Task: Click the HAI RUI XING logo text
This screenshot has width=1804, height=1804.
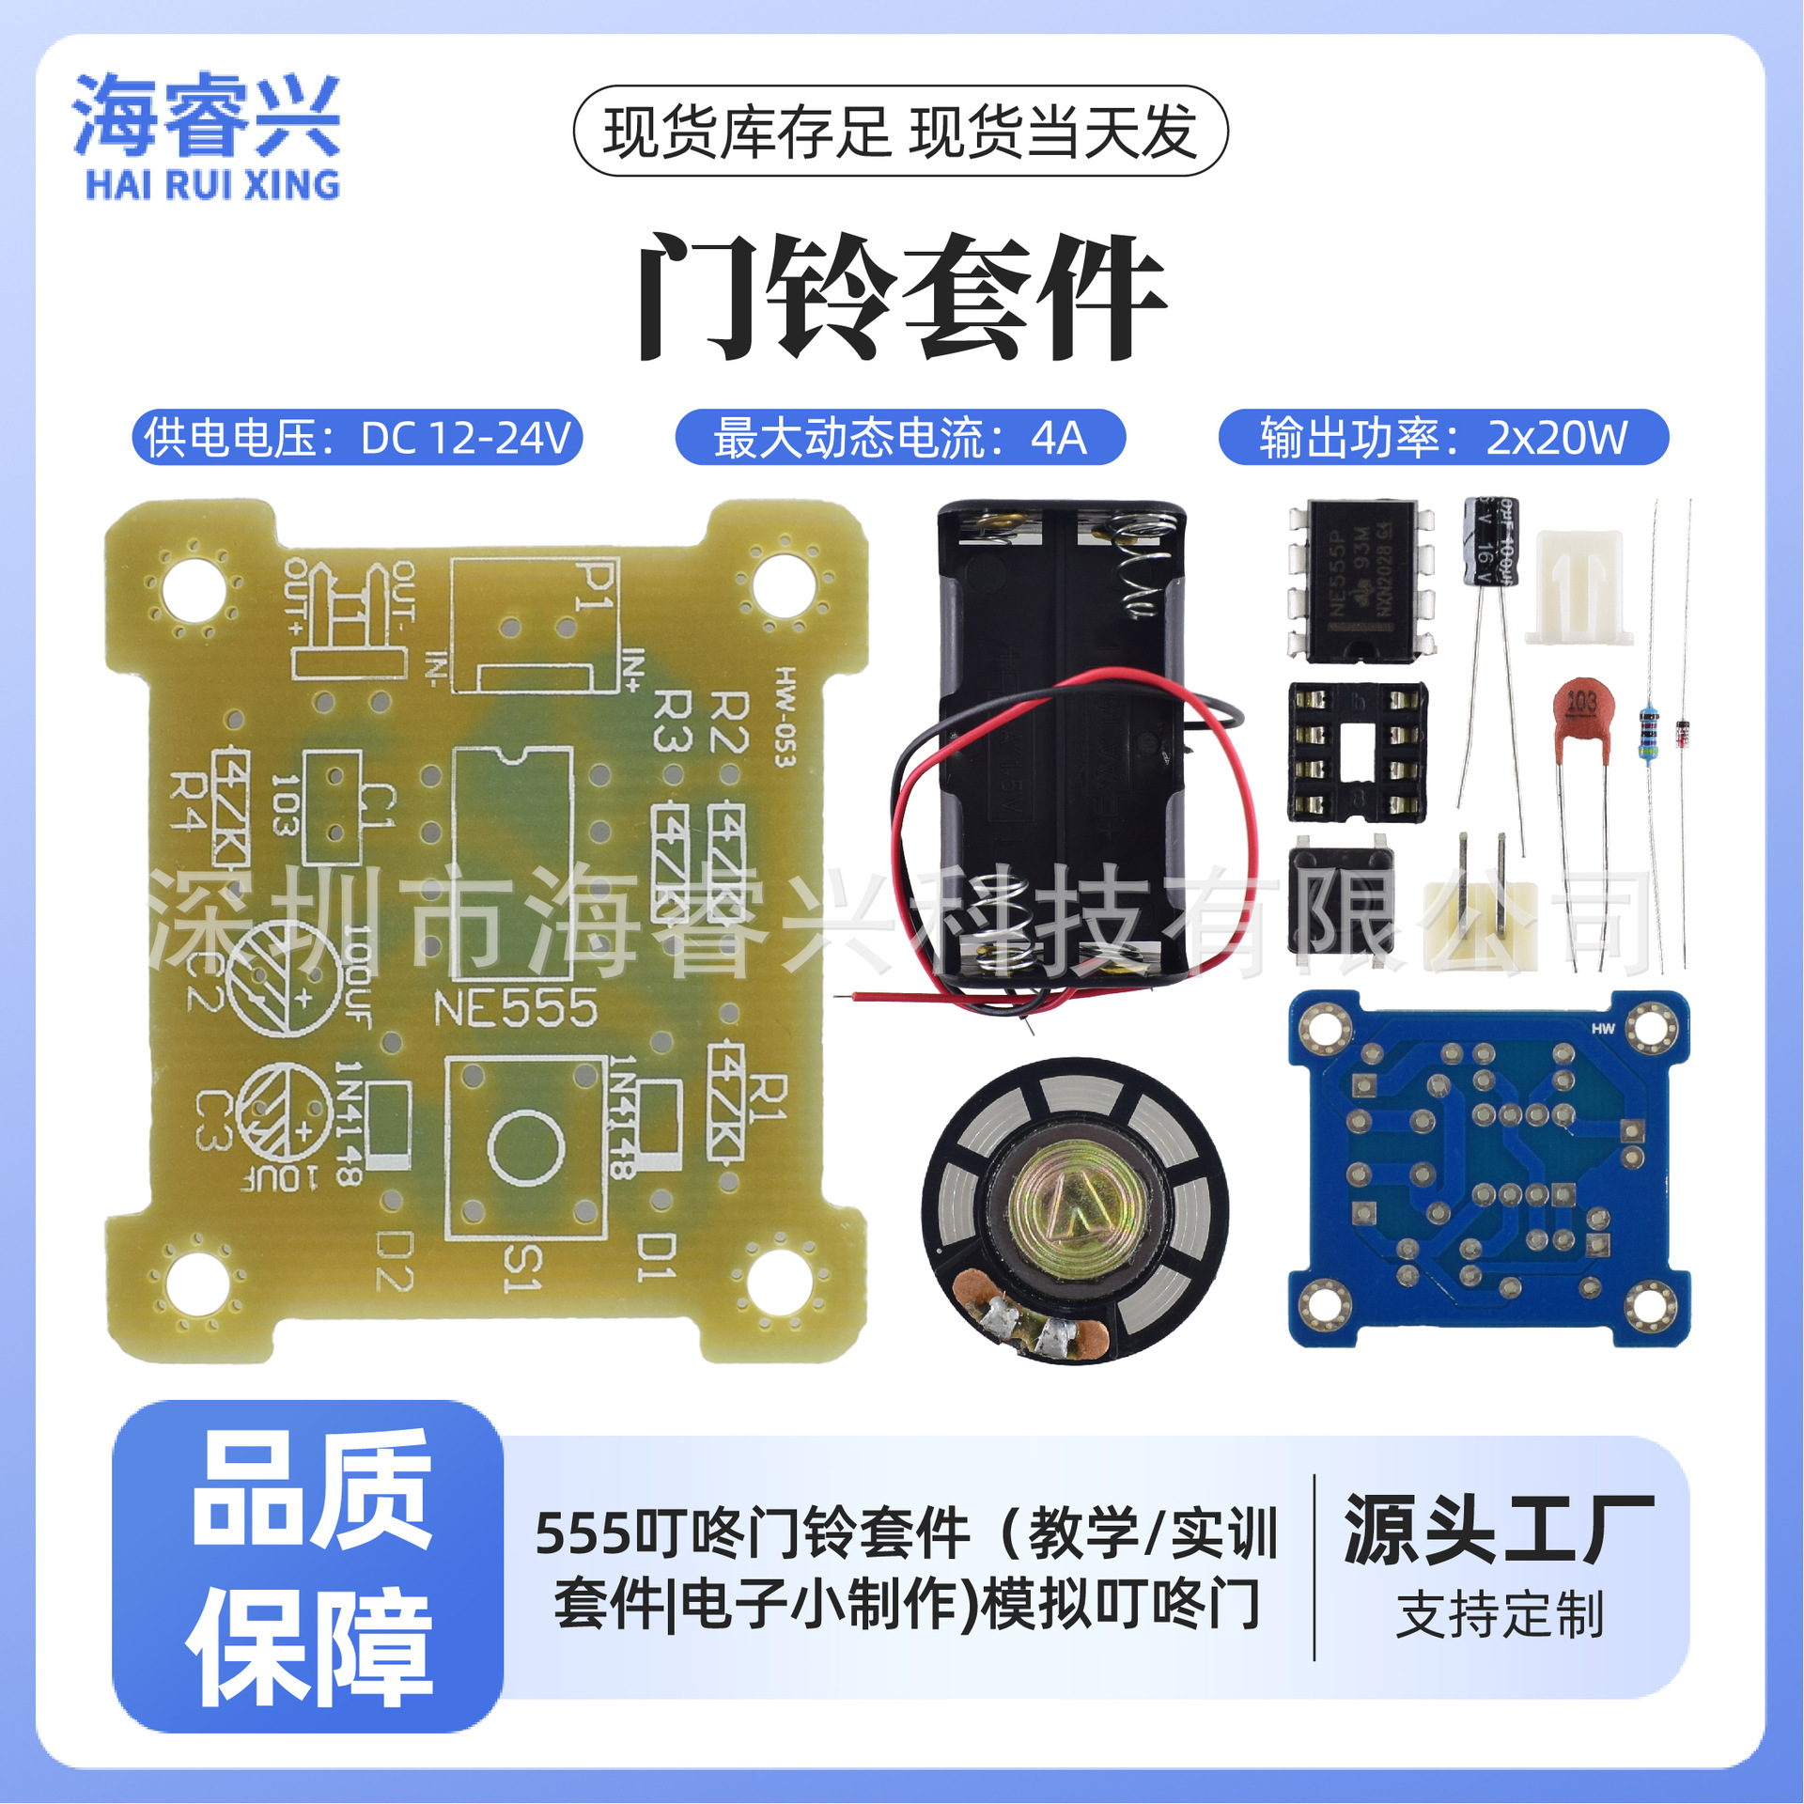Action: [212, 185]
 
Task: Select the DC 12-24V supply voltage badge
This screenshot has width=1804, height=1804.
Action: [357, 438]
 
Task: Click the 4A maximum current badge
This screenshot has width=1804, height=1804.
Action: [900, 438]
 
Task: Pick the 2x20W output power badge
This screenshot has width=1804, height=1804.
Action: [1443, 438]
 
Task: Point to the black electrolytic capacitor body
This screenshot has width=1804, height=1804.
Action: [1490, 540]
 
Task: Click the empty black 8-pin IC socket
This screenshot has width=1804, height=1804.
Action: [1357, 752]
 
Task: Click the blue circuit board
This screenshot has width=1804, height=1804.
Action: [1488, 1170]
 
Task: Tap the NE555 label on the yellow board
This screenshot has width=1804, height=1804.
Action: [515, 1009]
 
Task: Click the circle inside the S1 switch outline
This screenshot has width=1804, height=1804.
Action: [526, 1147]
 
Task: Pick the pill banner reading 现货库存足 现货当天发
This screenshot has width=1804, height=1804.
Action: [900, 132]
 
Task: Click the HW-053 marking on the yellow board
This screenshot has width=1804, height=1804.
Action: [785, 717]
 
